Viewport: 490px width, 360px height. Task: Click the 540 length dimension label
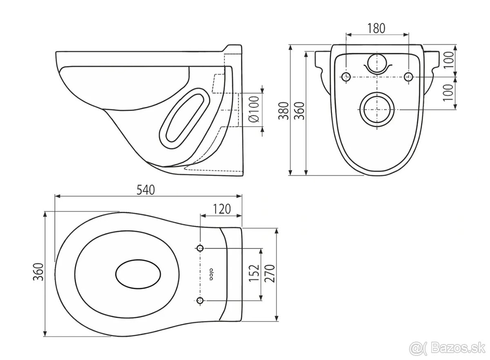(x=145, y=190)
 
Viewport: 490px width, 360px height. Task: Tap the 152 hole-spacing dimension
(x=254, y=273)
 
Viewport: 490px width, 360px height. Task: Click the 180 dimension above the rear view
(x=376, y=28)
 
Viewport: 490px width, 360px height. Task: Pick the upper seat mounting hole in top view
(x=200, y=248)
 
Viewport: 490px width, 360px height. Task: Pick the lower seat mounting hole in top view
(x=200, y=301)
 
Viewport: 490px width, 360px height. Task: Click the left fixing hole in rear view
(x=346, y=77)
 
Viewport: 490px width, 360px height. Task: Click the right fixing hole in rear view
(x=407, y=77)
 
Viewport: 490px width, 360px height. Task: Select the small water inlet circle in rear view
(x=376, y=63)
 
